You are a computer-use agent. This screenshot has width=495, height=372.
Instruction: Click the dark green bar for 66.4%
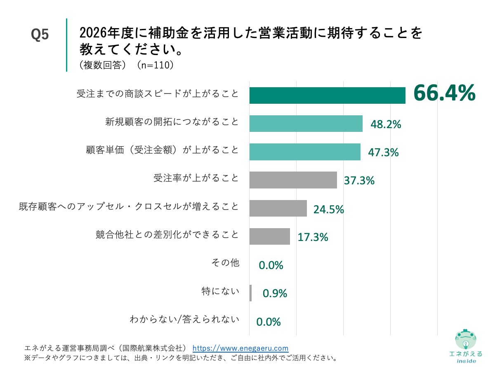click(x=327, y=95)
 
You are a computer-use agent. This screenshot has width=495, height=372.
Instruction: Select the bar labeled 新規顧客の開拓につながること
click(x=306, y=124)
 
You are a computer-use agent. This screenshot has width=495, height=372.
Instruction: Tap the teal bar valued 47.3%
click(x=305, y=152)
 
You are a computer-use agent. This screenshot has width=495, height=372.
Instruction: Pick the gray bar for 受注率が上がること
click(x=293, y=180)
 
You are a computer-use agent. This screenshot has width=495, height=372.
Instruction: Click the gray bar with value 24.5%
click(x=278, y=208)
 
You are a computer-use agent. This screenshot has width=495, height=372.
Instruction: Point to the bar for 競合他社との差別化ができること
click(x=269, y=236)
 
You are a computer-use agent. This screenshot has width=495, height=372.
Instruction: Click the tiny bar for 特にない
click(x=250, y=293)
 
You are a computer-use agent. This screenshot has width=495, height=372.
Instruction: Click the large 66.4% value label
click(x=444, y=93)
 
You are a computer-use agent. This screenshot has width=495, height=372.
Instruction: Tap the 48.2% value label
click(x=386, y=124)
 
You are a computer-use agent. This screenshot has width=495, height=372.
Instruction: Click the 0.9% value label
click(x=275, y=293)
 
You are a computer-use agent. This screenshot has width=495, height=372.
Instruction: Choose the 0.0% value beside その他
click(x=271, y=265)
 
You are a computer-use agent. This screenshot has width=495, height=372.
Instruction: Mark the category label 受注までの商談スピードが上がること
click(x=158, y=94)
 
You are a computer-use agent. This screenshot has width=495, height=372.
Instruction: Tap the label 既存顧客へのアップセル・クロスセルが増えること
click(x=129, y=206)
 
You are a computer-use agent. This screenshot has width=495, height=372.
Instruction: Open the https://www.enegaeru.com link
click(x=240, y=348)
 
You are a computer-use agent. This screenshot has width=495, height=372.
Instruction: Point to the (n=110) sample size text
click(x=155, y=65)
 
